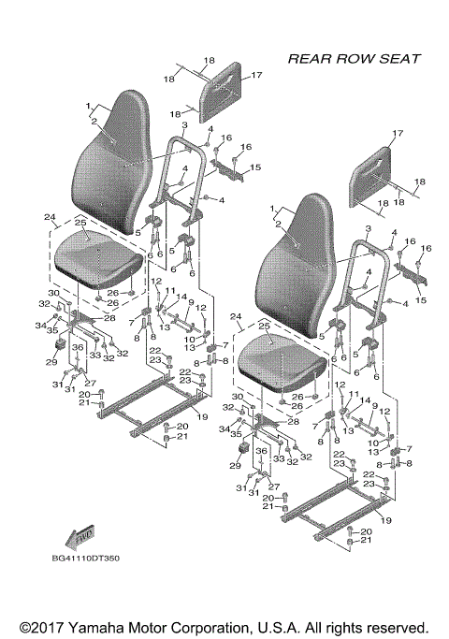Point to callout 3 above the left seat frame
[185, 124]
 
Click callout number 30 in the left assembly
[54, 294]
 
